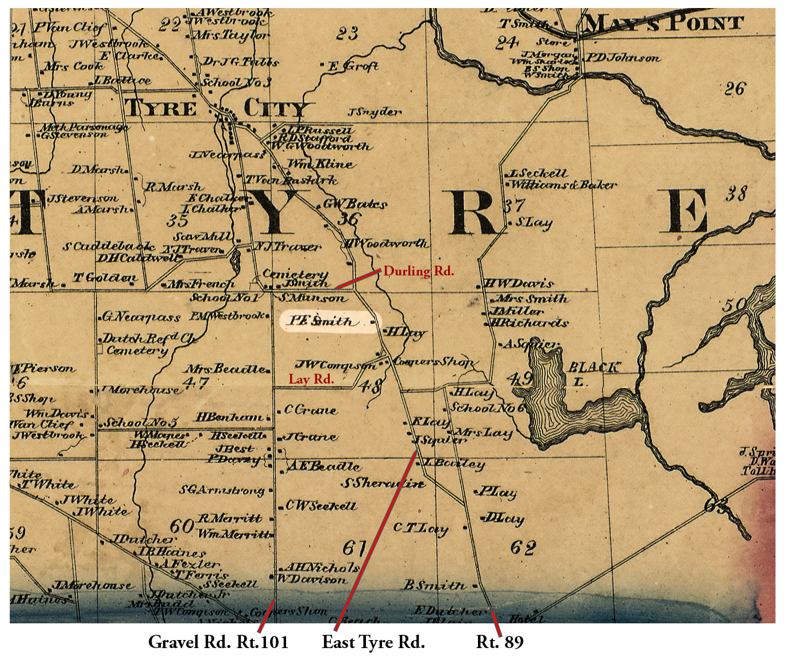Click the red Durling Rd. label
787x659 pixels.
(x=418, y=271)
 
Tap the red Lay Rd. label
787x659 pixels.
(x=311, y=379)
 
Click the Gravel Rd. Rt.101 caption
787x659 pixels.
(x=218, y=642)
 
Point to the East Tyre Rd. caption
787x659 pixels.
(x=373, y=642)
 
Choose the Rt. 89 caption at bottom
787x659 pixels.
(x=500, y=642)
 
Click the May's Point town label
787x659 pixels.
(x=663, y=24)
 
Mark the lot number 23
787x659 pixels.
(x=347, y=33)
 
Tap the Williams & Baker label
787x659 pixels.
(x=563, y=185)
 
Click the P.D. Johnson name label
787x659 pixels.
(x=623, y=58)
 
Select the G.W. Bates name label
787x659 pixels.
(x=354, y=204)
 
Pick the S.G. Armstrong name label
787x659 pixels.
(x=221, y=490)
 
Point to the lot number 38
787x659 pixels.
(x=735, y=194)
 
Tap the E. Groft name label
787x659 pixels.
(x=353, y=66)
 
